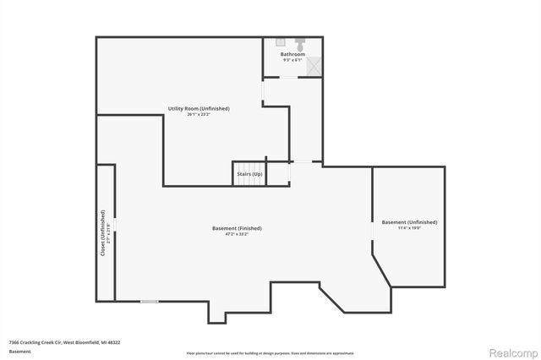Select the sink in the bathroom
(x=280, y=41)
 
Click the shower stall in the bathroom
(x=314, y=66)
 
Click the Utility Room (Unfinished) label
(x=198, y=108)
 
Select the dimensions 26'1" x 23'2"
(x=198, y=114)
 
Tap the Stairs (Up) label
(x=249, y=174)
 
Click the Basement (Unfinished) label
(x=409, y=222)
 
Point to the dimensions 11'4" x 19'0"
(x=409, y=228)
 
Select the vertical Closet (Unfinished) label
(x=102, y=232)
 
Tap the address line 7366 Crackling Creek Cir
(x=64, y=342)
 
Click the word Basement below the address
(x=19, y=352)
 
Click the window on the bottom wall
(x=150, y=301)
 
